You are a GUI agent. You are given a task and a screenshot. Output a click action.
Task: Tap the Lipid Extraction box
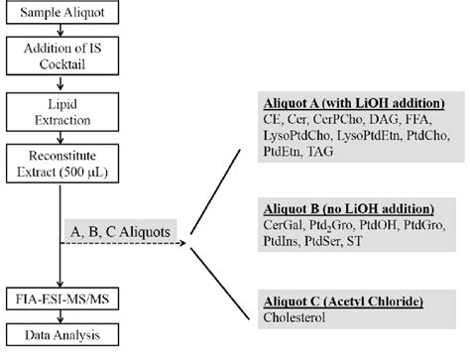(x=62, y=118)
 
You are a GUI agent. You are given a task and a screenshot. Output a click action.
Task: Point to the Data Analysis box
(x=62, y=336)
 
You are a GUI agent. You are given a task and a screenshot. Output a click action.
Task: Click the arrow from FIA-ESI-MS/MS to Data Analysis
(x=62, y=318)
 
